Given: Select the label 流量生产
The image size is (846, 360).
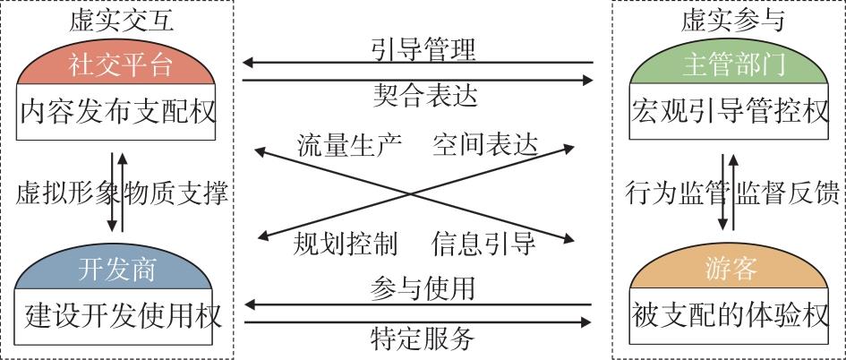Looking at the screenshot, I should click(x=350, y=143).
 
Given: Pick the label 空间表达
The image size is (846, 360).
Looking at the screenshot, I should click(x=484, y=143).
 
